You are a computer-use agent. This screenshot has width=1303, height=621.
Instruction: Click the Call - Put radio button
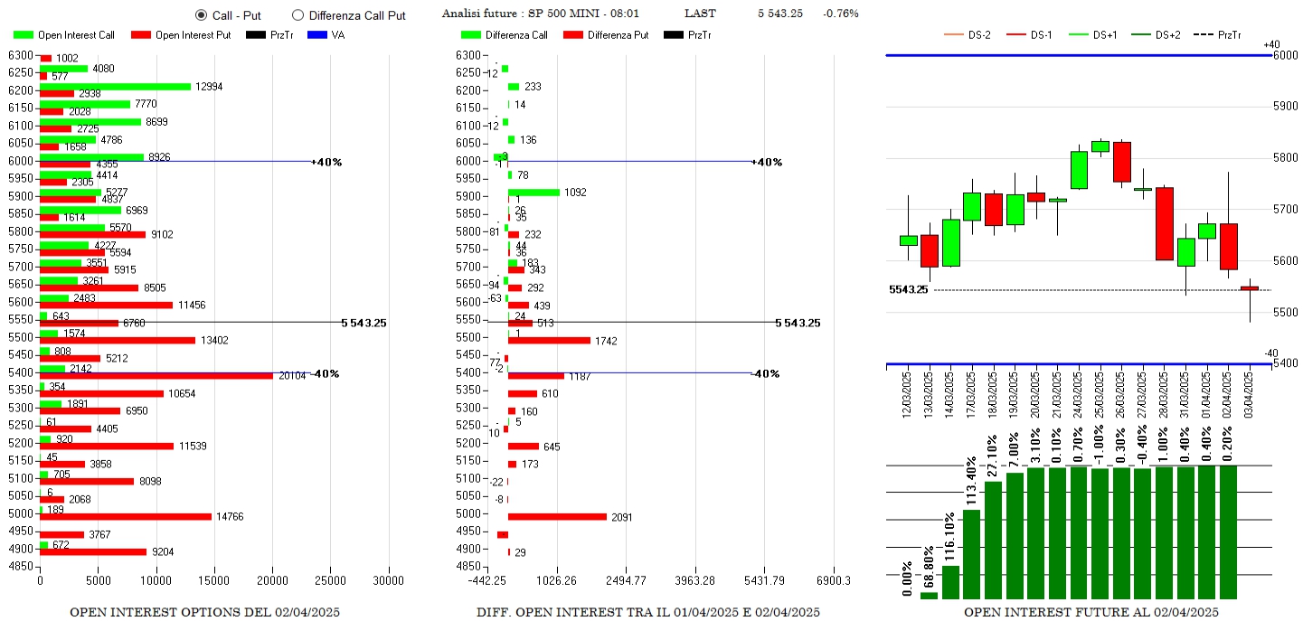coord(201,15)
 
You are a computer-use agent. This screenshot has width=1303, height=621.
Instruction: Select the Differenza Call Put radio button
coord(297,15)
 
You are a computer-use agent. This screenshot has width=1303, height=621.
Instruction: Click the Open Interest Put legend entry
coord(181,35)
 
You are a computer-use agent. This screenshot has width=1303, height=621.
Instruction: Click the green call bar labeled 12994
coord(116,87)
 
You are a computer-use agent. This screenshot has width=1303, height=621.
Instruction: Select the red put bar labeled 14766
coord(126,517)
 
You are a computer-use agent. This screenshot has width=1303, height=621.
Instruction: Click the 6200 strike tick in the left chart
coord(20,90)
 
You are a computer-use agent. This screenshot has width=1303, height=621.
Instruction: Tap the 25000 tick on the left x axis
coord(331,580)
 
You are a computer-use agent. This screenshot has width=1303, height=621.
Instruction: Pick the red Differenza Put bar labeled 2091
coord(557,517)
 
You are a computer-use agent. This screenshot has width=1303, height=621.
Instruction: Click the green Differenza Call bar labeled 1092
coord(533,193)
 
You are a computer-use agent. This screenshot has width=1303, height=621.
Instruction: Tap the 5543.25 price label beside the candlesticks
coord(908,290)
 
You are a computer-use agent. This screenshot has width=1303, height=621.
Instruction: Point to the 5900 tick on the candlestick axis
coord(1285,107)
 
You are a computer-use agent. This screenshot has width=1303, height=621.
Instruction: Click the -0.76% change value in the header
coord(841,14)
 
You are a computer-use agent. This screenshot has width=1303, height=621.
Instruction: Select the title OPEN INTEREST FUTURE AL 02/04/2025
coord(1091,612)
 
